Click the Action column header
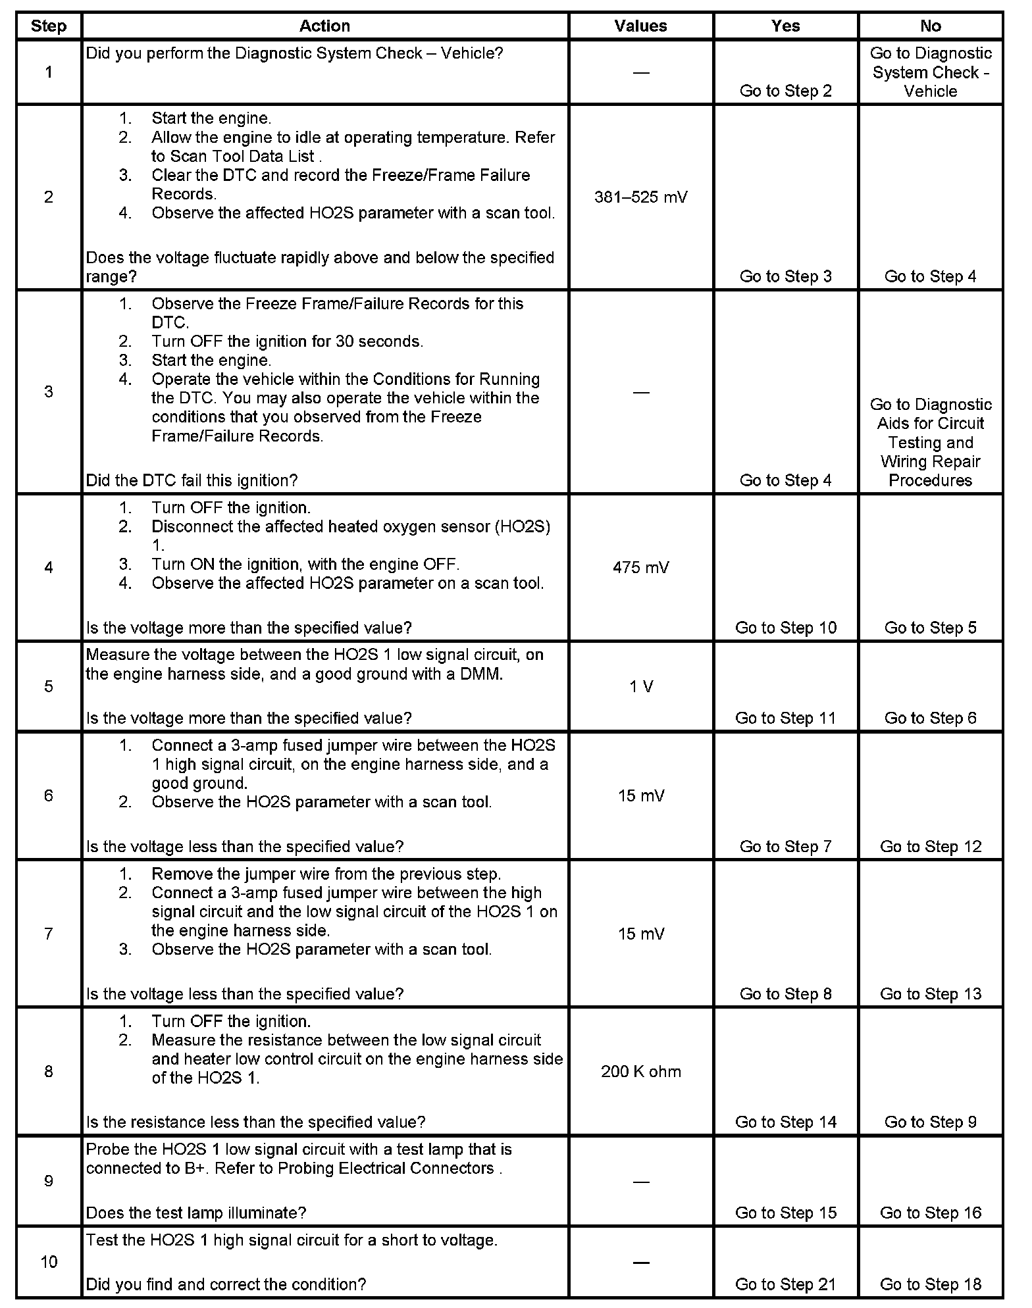pos(324,26)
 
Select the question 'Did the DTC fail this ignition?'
pos(192,481)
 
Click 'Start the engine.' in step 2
pos(211,118)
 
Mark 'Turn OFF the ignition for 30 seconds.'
pos(287,341)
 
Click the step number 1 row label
pos(49,72)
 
